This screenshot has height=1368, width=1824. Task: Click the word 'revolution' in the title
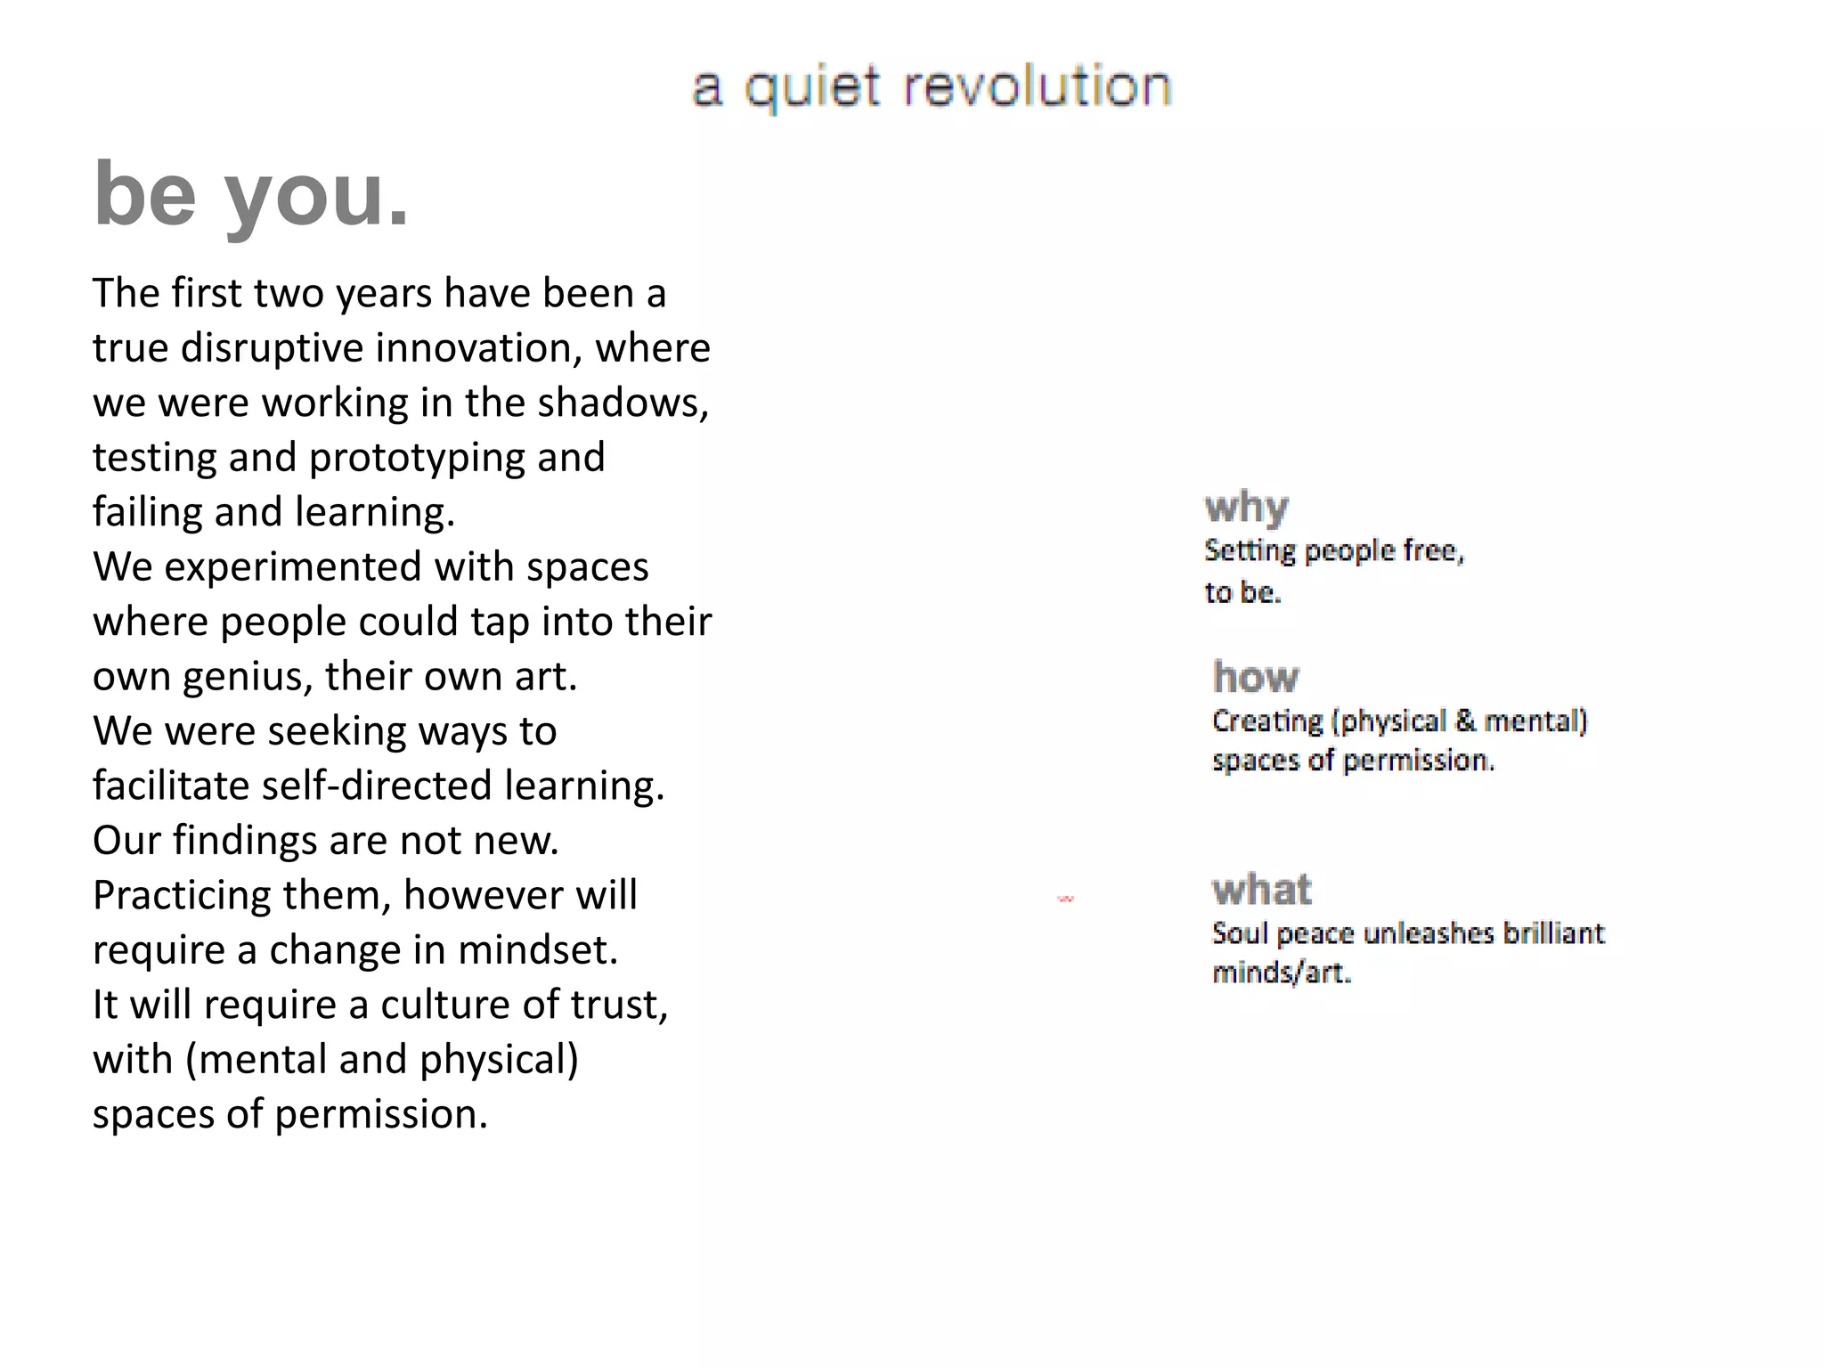(1038, 87)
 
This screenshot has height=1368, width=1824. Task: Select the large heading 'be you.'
(251, 194)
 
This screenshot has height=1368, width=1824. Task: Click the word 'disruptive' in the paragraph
(273, 348)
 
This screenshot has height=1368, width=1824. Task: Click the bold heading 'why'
(1246, 508)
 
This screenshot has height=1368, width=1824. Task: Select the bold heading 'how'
(1256, 678)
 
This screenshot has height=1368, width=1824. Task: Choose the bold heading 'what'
(1262, 890)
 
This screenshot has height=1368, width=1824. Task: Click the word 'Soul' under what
(1239, 933)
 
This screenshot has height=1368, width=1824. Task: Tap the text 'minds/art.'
(1282, 973)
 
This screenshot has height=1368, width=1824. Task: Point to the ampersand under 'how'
(1465, 720)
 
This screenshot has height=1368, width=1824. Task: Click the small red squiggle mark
(1065, 900)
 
